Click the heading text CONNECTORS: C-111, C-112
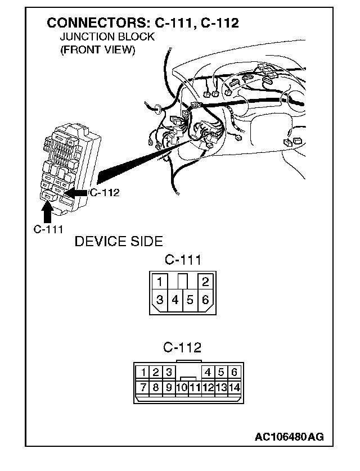(x=143, y=23)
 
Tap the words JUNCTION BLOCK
(x=107, y=37)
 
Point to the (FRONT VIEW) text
(x=97, y=49)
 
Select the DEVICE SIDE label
(x=119, y=242)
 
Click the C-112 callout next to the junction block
(x=104, y=193)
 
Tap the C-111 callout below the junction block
(x=48, y=229)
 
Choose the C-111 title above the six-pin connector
(x=183, y=260)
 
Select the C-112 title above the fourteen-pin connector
(x=183, y=347)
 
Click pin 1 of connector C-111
(x=160, y=281)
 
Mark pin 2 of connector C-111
(x=205, y=281)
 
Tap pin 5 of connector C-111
(x=190, y=300)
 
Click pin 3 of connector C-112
(x=168, y=372)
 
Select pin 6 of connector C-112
(x=235, y=372)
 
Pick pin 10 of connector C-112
(x=181, y=387)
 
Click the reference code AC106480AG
(x=289, y=436)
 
